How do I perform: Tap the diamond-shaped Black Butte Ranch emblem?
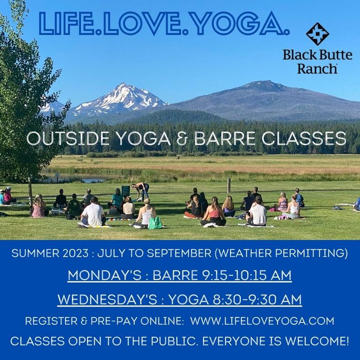point(317,34)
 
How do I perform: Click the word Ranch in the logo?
point(317,68)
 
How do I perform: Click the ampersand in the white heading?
point(182,139)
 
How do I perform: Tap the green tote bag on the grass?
point(155,223)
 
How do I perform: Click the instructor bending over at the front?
point(141,191)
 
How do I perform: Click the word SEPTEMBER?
point(179,253)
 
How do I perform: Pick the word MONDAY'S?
point(105,275)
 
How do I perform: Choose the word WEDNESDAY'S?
point(107,299)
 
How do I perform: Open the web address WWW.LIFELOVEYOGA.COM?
point(262,321)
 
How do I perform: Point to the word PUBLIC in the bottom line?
point(175,341)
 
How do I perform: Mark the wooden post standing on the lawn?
point(229,186)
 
